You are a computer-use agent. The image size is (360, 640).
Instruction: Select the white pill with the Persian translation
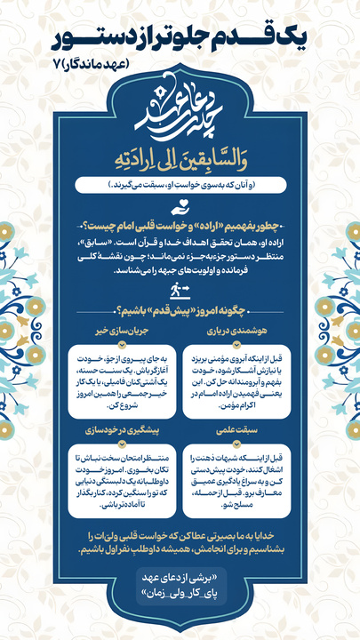pyautogui.click(x=179, y=186)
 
